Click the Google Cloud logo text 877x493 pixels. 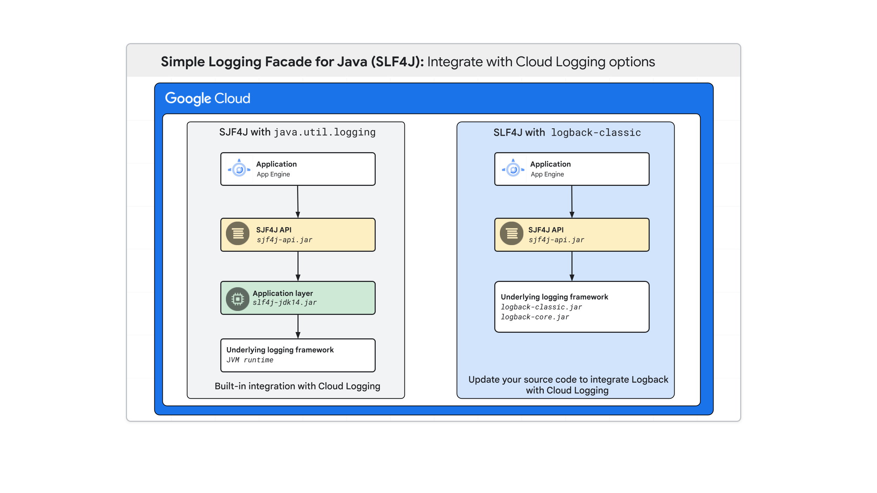(x=207, y=99)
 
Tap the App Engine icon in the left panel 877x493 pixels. (x=239, y=169)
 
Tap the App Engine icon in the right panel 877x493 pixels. (x=513, y=169)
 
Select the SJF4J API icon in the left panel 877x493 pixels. (x=238, y=234)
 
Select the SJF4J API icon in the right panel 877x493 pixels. (x=511, y=234)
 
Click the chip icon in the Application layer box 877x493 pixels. (x=238, y=299)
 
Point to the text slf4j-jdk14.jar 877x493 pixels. (x=284, y=303)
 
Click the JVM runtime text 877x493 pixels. (x=250, y=360)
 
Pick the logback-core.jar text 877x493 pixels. (x=535, y=317)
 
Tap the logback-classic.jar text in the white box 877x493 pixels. (x=541, y=307)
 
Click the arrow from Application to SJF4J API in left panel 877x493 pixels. (x=298, y=202)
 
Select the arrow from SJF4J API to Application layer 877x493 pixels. (x=298, y=266)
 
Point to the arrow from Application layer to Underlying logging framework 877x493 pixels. (x=298, y=326)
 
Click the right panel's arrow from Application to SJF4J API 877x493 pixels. (x=572, y=202)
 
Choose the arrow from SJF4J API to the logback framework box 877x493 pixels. (x=572, y=266)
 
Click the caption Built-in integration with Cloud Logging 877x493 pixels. (x=297, y=386)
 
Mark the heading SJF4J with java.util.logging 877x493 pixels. (x=297, y=132)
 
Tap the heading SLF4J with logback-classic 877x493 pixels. (x=567, y=133)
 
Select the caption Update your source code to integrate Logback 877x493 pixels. (x=568, y=380)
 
